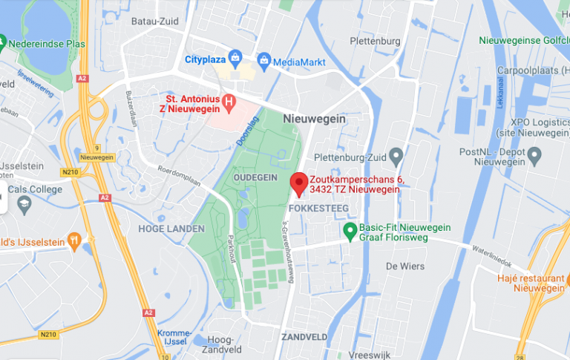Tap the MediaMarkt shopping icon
coord(263,60)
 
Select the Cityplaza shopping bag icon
coord(235,56)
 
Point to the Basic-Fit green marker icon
coord(350,233)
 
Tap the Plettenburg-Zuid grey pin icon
coord(396,157)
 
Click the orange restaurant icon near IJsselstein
coord(73,240)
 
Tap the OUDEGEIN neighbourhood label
coord(255,178)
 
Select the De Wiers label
coord(402,266)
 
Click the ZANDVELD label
coord(304,336)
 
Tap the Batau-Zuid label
coord(154,22)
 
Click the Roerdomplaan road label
coord(178,177)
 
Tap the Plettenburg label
coord(377,42)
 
